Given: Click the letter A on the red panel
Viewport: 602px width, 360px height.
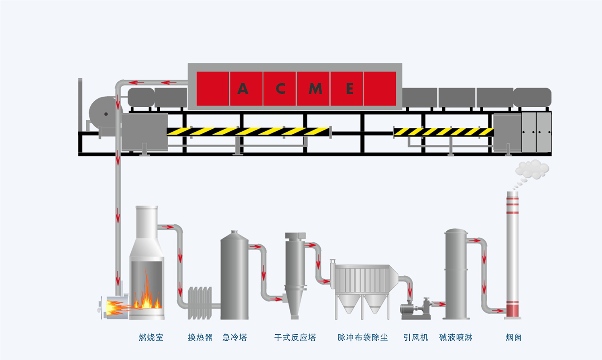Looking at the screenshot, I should point(243,89).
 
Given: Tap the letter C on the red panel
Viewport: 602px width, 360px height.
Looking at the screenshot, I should point(281,89).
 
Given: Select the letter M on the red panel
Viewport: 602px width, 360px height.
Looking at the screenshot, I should point(315,89).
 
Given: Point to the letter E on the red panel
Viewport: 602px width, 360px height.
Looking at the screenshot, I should point(350,89).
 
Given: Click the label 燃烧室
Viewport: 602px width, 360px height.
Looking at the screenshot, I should point(151,338).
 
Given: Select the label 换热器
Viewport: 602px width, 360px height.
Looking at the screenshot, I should point(200,338).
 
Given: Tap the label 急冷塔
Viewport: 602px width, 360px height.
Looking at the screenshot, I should point(235,338).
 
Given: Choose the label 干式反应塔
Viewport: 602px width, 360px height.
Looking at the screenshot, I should point(295,338).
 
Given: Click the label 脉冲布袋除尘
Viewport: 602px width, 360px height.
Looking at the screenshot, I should point(362,338).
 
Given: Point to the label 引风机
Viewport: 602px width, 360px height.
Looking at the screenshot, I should point(416,338).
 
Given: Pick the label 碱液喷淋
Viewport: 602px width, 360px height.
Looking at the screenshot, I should point(456,338).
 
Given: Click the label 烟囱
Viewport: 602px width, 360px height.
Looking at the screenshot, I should point(513,338).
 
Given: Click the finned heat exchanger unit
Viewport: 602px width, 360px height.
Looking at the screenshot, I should point(200,303).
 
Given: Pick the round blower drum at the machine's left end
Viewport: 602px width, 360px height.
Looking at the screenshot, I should point(104,114).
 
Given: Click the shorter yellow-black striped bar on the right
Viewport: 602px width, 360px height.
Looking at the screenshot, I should point(443,132).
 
